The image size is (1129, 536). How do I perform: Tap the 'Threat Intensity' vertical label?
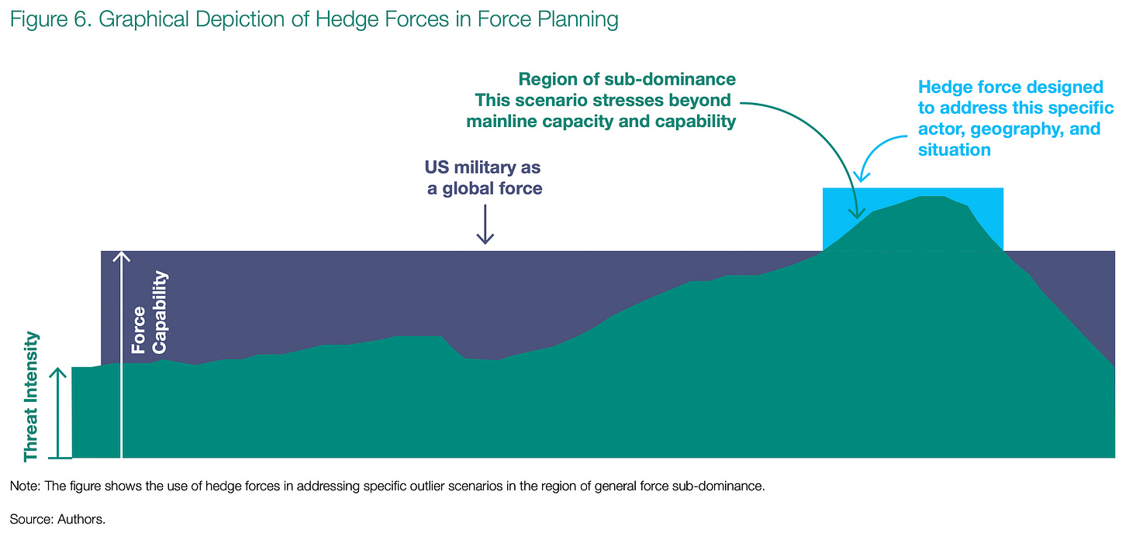click(x=31, y=396)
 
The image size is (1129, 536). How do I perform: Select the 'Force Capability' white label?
click(x=149, y=313)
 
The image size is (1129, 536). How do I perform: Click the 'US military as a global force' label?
click(x=483, y=177)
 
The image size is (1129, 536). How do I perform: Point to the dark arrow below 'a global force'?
click(x=485, y=224)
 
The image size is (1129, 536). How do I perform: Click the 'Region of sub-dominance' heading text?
click(x=627, y=79)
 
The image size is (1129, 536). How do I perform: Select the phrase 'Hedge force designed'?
click(x=1010, y=87)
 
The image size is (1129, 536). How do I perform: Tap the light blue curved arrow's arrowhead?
click(x=861, y=176)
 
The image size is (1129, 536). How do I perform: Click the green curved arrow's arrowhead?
click(x=857, y=214)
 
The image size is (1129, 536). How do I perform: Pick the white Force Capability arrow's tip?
click(x=121, y=252)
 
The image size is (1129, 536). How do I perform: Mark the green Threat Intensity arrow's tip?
click(x=58, y=368)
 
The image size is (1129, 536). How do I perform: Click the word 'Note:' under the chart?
click(x=25, y=486)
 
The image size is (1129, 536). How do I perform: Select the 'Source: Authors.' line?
click(x=57, y=520)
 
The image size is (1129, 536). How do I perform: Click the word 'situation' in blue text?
click(x=954, y=150)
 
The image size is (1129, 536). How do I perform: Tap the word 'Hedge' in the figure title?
click(x=347, y=20)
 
